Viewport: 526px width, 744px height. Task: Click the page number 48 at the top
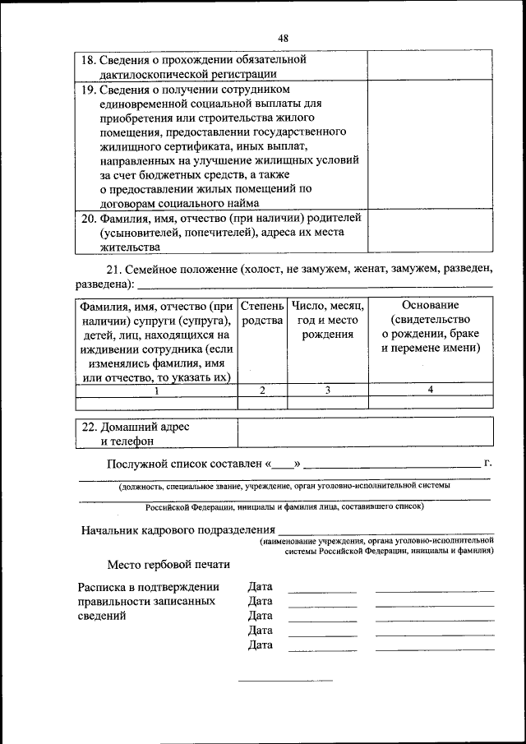click(284, 38)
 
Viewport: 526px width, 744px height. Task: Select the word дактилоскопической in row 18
click(152, 74)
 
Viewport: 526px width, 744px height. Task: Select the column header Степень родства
click(262, 312)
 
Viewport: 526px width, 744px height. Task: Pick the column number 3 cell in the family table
click(327, 390)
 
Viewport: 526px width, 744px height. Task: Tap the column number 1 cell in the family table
click(156, 390)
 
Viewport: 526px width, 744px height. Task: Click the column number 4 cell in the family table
click(431, 390)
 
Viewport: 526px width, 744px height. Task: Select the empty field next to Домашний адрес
click(365, 433)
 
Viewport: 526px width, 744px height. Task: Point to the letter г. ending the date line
click(488, 464)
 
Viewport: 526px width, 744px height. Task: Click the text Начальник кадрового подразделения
click(178, 530)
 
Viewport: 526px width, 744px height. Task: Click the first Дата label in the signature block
click(260, 587)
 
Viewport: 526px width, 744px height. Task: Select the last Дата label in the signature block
click(260, 645)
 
